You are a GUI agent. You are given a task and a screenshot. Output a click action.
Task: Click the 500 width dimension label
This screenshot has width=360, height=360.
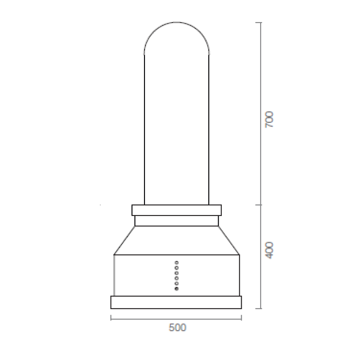coord(177,328)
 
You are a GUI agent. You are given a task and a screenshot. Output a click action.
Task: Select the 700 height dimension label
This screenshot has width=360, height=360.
coord(269,120)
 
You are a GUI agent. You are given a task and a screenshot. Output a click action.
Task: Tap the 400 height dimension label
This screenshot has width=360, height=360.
coord(269,250)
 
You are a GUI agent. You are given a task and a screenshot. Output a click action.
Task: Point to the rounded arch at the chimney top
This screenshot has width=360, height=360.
coord(176,27)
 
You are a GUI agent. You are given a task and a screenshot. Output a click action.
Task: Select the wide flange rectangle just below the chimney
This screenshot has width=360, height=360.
coord(176,210)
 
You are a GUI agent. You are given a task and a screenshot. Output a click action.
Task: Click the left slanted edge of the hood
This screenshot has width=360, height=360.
coord(125,241)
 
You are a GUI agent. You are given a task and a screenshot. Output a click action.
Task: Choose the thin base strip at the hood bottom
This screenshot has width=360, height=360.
coord(176,302)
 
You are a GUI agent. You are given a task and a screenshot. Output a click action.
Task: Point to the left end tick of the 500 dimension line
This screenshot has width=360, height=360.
coord(111,319)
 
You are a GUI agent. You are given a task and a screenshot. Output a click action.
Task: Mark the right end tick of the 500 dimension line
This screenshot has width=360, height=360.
coord(242,319)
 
